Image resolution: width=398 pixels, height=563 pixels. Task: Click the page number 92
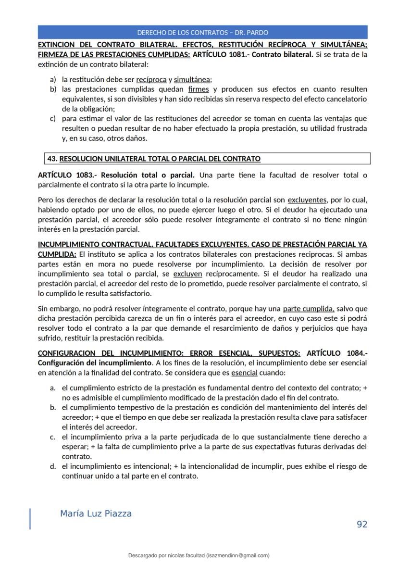pos(362,524)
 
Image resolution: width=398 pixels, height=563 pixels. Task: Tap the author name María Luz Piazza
pos(96,513)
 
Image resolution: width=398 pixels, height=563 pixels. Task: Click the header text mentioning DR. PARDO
pos(203,33)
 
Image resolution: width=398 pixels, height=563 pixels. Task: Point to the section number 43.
pos(52,158)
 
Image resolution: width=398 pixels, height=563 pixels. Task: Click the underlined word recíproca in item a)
pos(151,80)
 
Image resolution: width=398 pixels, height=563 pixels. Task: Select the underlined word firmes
pos(199,89)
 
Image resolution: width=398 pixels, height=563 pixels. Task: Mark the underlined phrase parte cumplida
pos(309,309)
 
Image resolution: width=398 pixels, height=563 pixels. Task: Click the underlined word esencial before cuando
pos(244,373)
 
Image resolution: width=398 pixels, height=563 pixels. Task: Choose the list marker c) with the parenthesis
pos(53,118)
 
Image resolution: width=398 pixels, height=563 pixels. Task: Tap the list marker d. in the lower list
pos(53,466)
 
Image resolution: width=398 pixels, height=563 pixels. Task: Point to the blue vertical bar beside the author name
pos(30,518)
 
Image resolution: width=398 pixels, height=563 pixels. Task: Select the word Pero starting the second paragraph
pos(45,200)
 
